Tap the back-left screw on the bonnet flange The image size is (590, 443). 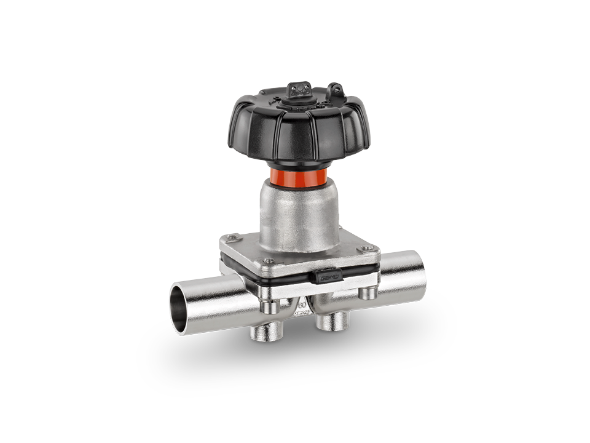point(232,237)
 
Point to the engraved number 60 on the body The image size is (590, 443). point(302,303)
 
